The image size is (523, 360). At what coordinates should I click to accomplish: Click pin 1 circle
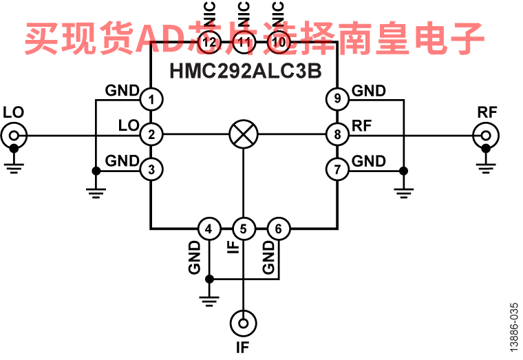tap(152, 100)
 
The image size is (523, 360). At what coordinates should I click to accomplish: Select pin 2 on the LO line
tap(152, 134)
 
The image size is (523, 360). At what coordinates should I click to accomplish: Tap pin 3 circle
tap(152, 169)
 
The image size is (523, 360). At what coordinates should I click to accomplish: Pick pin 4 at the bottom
tap(209, 229)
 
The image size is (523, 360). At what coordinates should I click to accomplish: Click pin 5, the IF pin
tap(244, 229)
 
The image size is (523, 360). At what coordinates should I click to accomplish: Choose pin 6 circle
tap(278, 229)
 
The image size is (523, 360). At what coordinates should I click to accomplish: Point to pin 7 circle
tap(337, 169)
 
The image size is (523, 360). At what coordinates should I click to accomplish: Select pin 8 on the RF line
tap(337, 134)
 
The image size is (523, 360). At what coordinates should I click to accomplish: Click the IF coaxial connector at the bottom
tap(244, 321)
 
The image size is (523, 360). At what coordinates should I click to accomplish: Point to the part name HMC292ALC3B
tap(245, 71)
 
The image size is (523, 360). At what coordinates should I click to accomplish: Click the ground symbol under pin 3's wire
tap(96, 189)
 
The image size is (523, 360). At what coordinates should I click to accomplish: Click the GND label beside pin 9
tap(369, 91)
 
